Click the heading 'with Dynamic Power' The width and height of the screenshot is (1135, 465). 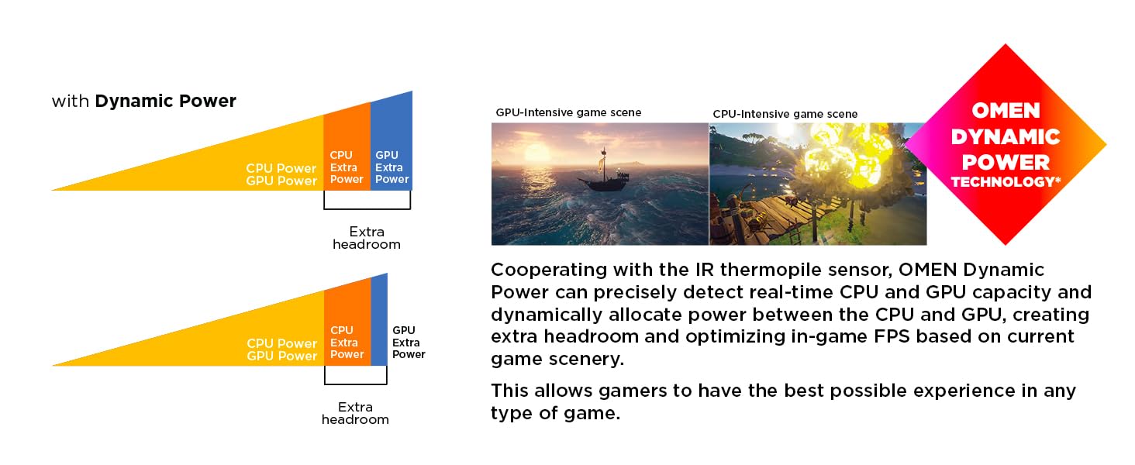coord(144,101)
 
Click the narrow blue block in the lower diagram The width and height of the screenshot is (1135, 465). coord(379,319)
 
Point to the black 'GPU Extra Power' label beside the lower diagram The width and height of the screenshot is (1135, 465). coord(409,343)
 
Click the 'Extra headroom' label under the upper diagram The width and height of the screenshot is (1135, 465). coord(367,238)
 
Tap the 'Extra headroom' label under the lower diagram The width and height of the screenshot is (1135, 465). coord(355,413)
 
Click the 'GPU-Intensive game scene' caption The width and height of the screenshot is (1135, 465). coord(568,112)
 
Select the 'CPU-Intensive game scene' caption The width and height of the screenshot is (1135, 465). coord(785,114)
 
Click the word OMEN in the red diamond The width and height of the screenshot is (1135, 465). coord(1006,110)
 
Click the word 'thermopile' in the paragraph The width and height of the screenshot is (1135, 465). coord(771,270)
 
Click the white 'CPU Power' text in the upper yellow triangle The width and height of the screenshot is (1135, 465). coord(281,168)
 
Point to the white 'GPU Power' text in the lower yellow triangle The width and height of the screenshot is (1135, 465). coord(281,356)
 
